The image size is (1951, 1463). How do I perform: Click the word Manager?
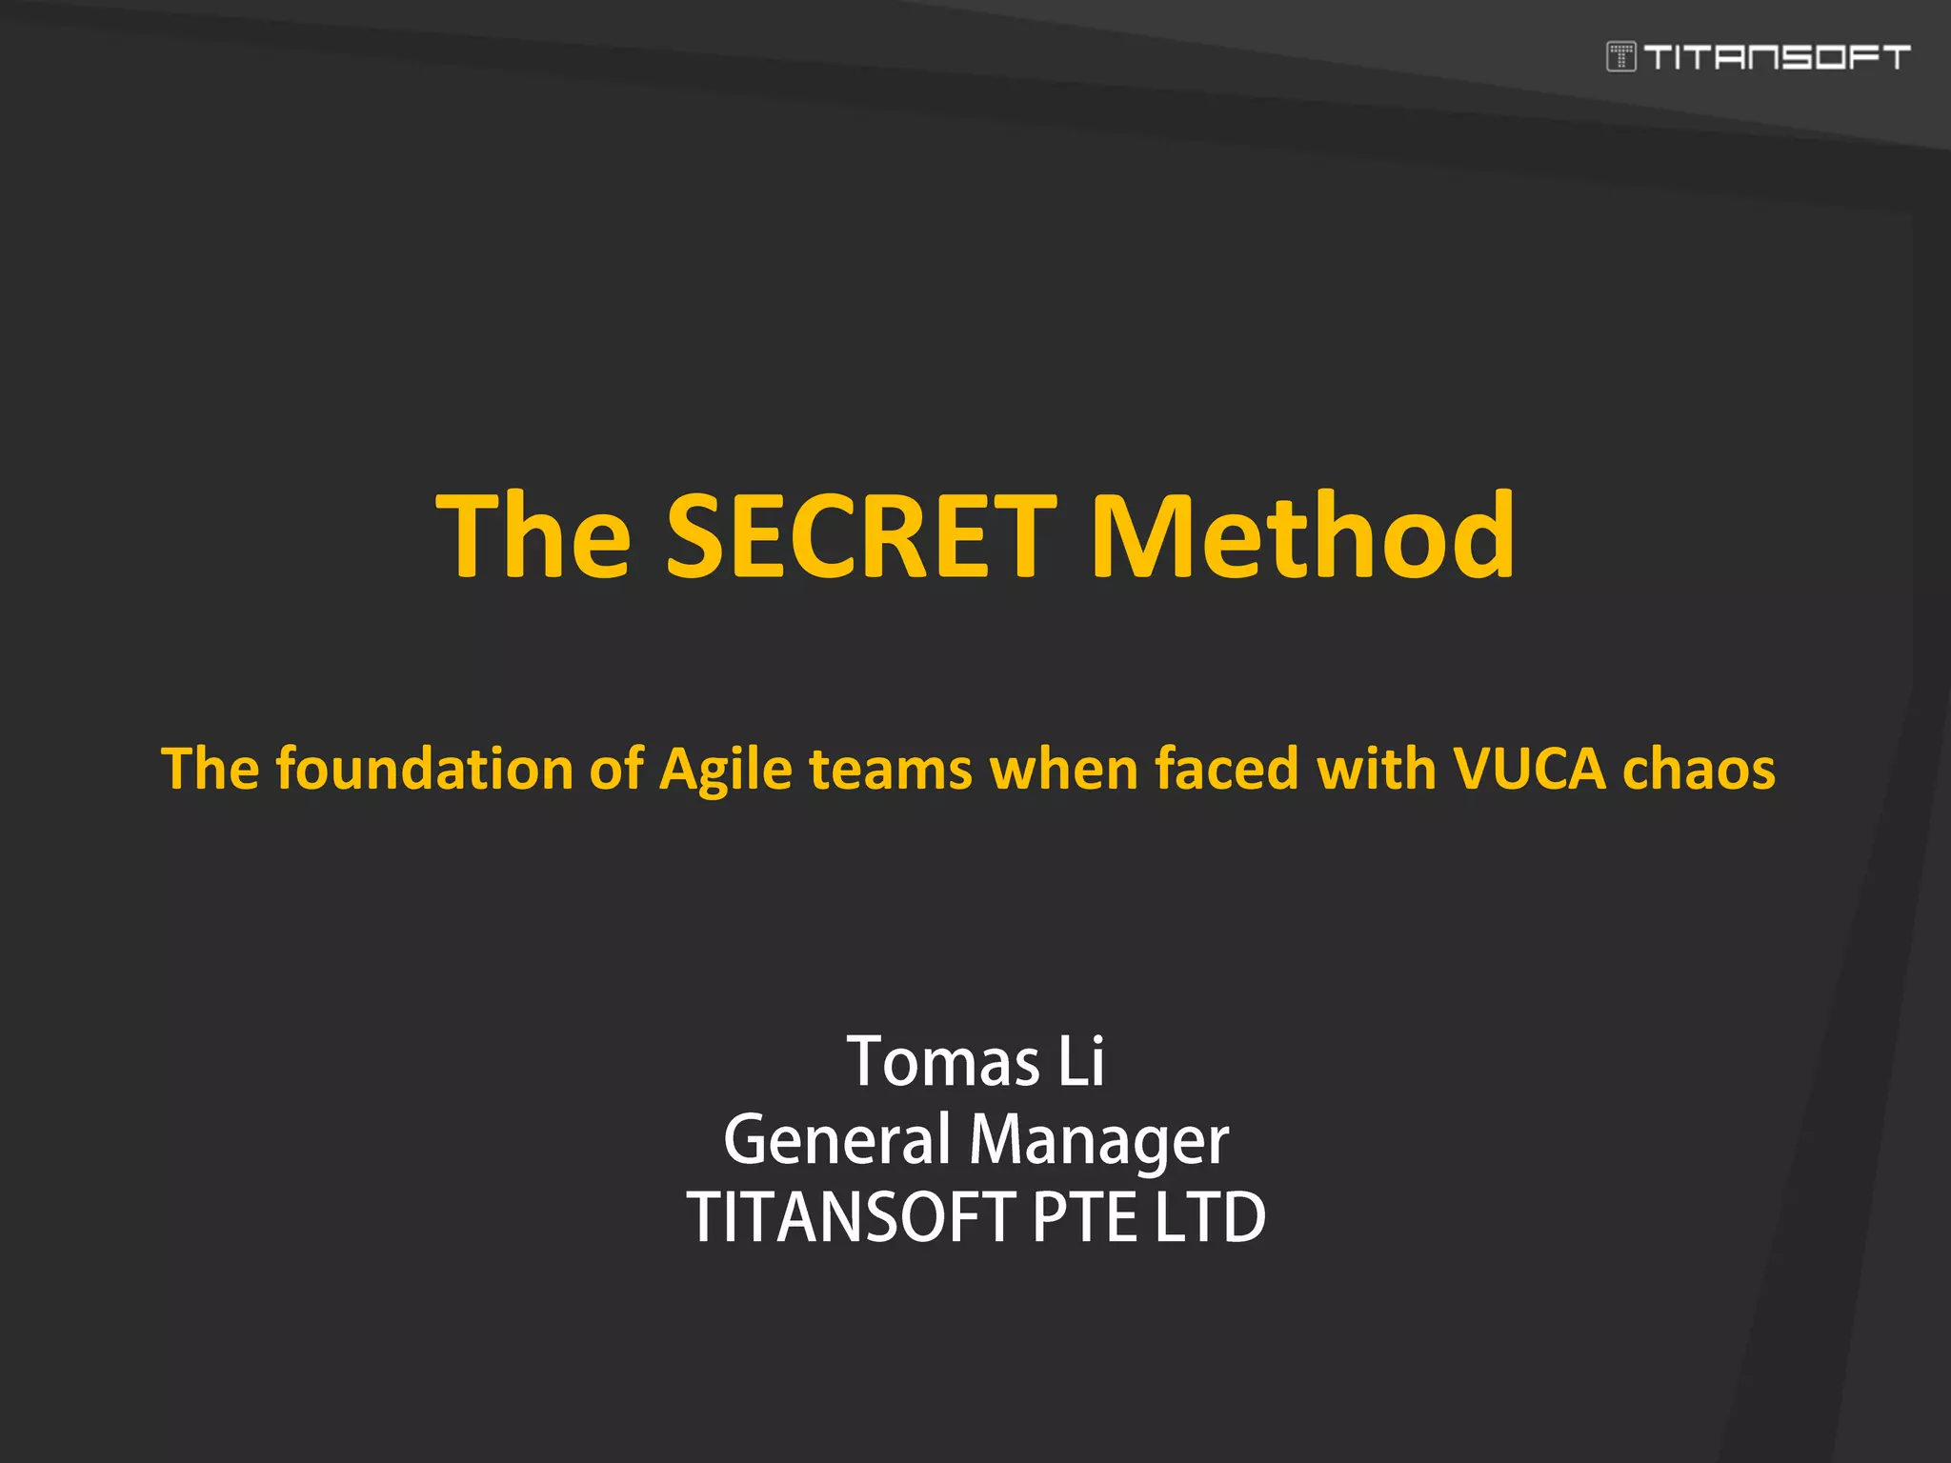1098,1141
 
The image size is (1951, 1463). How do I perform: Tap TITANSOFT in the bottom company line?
851,1217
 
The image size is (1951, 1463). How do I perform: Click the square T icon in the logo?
1620,57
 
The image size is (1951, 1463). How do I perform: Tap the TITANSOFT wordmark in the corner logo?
1777,57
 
